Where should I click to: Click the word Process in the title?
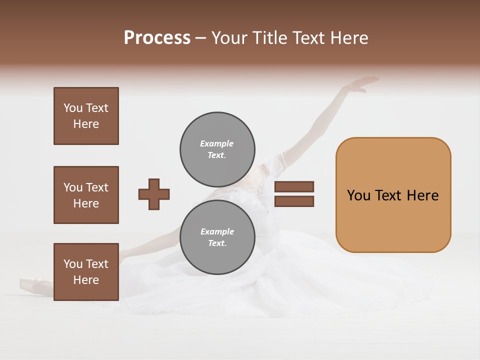pos(157,37)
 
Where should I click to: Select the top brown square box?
pos(86,116)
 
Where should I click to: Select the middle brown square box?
pos(86,195)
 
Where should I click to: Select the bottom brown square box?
pos(86,272)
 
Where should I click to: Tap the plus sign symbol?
pos(154,194)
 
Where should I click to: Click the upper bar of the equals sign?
pos(294,186)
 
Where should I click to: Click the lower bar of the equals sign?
pos(294,201)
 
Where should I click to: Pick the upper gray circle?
pos(217,149)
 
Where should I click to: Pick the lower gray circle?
pos(217,237)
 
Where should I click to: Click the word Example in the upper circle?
pos(216,143)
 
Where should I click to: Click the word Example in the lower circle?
pos(217,231)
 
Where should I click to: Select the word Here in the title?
pos(349,37)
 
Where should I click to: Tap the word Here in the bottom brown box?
pos(86,280)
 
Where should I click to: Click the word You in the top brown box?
pos(73,108)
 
